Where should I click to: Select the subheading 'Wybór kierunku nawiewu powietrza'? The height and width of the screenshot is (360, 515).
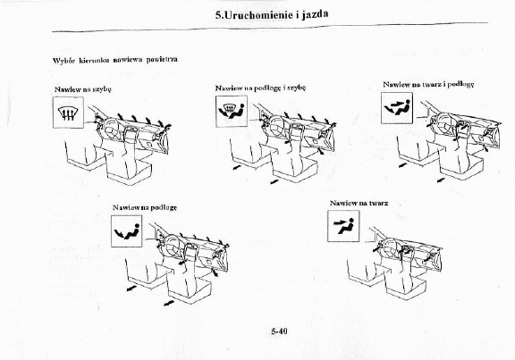pos(114,60)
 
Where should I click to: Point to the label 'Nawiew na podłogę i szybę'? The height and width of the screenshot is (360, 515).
pos(260,89)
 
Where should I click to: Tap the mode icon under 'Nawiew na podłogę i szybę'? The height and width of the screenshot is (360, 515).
pos(232,113)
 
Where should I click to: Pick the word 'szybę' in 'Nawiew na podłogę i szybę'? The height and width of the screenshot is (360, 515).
pos(296,89)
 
